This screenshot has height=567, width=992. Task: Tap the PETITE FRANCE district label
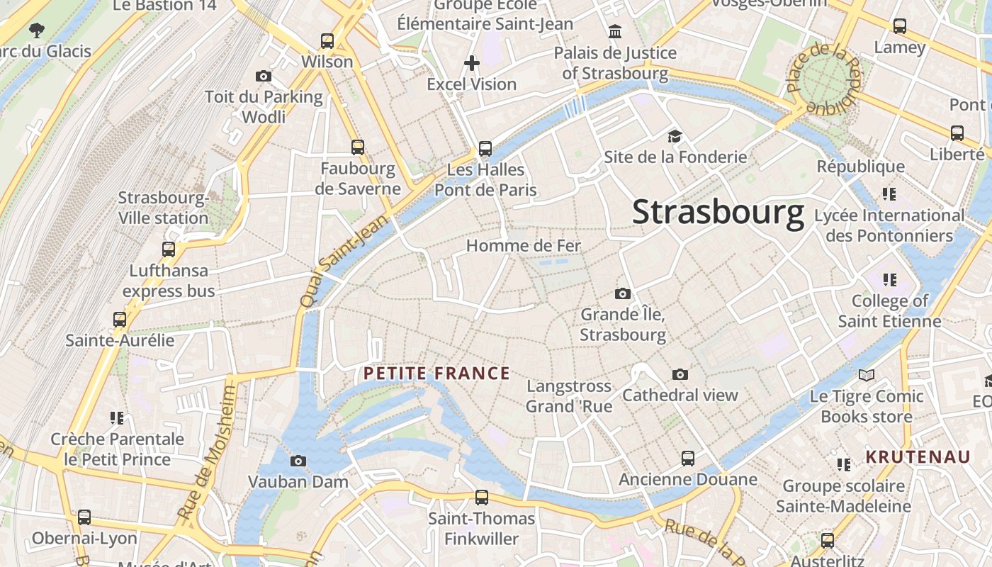click(436, 374)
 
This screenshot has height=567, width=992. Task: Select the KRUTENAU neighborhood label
click(918, 456)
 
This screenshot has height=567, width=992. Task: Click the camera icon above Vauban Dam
click(298, 461)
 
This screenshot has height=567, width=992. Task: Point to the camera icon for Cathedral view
click(680, 374)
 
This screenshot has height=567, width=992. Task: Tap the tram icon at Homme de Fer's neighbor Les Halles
click(485, 149)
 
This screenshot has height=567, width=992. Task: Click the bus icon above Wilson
click(327, 41)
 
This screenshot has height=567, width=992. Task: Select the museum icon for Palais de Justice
click(615, 32)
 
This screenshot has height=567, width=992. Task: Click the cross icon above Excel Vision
click(472, 63)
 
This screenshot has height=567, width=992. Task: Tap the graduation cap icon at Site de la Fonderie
click(675, 136)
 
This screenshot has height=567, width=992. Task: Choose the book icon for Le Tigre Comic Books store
click(866, 375)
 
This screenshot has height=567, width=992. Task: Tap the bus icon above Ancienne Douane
click(688, 459)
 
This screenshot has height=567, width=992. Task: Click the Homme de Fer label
click(523, 246)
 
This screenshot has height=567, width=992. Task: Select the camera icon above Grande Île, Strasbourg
click(623, 293)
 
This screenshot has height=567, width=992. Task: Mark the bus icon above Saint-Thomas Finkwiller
click(482, 498)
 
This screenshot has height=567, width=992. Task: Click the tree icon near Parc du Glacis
click(37, 30)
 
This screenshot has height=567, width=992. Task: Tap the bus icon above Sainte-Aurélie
click(120, 320)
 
